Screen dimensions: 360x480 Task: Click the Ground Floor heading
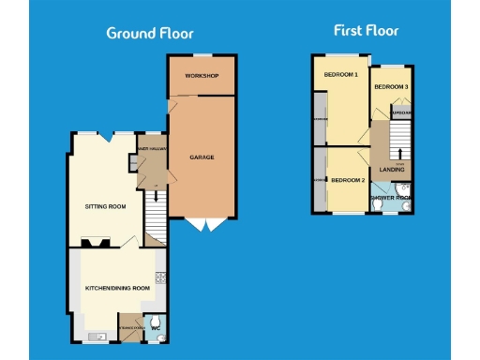tap(149, 33)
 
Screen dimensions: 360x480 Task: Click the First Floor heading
tap(367, 30)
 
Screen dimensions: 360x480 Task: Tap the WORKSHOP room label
tap(201, 75)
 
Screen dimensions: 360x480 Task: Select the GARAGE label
tap(202, 157)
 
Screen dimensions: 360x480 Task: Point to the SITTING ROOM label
tap(105, 205)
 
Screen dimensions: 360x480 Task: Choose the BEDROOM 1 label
tap(341, 75)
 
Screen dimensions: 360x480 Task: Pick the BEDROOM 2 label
tap(346, 179)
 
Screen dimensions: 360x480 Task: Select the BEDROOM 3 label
tap(391, 86)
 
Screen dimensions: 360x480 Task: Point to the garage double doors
tap(204, 224)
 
